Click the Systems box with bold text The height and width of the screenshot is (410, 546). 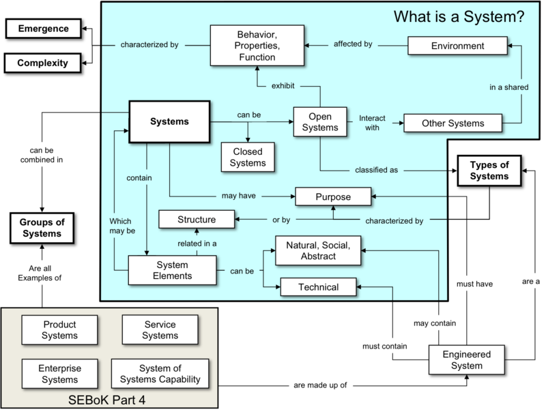[169, 122]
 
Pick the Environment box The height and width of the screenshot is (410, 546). [458, 46]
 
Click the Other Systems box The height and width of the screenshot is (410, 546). [453, 123]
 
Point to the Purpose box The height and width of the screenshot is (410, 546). [333, 197]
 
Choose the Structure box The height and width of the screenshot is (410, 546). [197, 220]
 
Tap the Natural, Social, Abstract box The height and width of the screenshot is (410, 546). [319, 250]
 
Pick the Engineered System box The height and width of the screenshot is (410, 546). [466, 360]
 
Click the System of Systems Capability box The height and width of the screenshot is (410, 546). [160, 374]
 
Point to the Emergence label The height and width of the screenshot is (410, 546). [43, 29]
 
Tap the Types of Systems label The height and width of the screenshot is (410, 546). [489, 171]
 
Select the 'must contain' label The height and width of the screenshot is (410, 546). [385, 347]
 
